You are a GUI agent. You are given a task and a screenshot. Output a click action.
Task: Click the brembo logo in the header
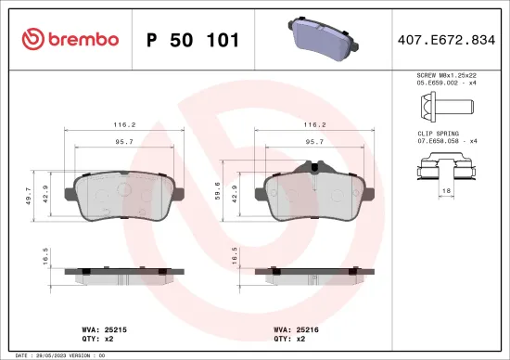click(x=69, y=39)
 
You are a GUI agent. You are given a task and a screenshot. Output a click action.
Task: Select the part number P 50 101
click(x=194, y=40)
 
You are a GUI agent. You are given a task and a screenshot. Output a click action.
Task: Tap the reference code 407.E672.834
click(x=446, y=40)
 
